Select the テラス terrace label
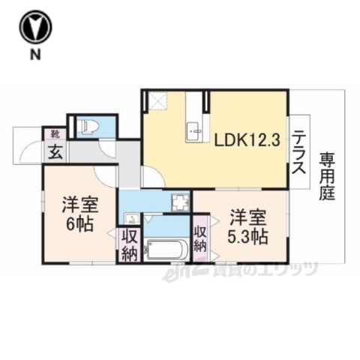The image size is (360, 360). (x=300, y=152)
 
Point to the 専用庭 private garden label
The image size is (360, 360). (x=328, y=175)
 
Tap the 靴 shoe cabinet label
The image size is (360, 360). (x=55, y=134)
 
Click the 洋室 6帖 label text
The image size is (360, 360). (x=77, y=213)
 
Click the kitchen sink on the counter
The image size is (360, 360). (x=196, y=130)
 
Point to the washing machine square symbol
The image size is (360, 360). (x=180, y=202)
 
